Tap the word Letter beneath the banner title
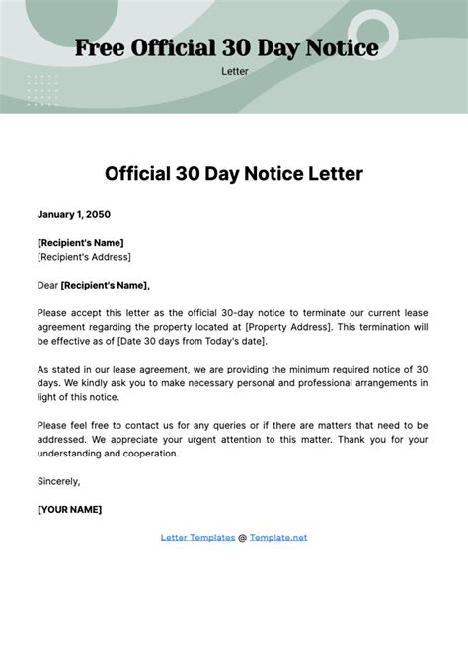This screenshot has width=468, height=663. pos(234,71)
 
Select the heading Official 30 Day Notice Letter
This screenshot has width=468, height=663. pos(234,174)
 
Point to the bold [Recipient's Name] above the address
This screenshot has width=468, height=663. pos(81,242)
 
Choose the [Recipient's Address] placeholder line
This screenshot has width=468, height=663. pos(84,256)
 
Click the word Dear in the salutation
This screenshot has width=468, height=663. pos(47,285)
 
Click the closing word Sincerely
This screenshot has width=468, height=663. pos(59,481)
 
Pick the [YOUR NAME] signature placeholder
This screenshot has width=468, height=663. pos(69,510)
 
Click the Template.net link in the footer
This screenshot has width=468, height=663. pos(278,538)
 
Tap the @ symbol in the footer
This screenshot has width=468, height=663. pos(242,538)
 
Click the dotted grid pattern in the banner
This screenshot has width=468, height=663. pos(42,89)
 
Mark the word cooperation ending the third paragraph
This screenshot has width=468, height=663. pos(150,454)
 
